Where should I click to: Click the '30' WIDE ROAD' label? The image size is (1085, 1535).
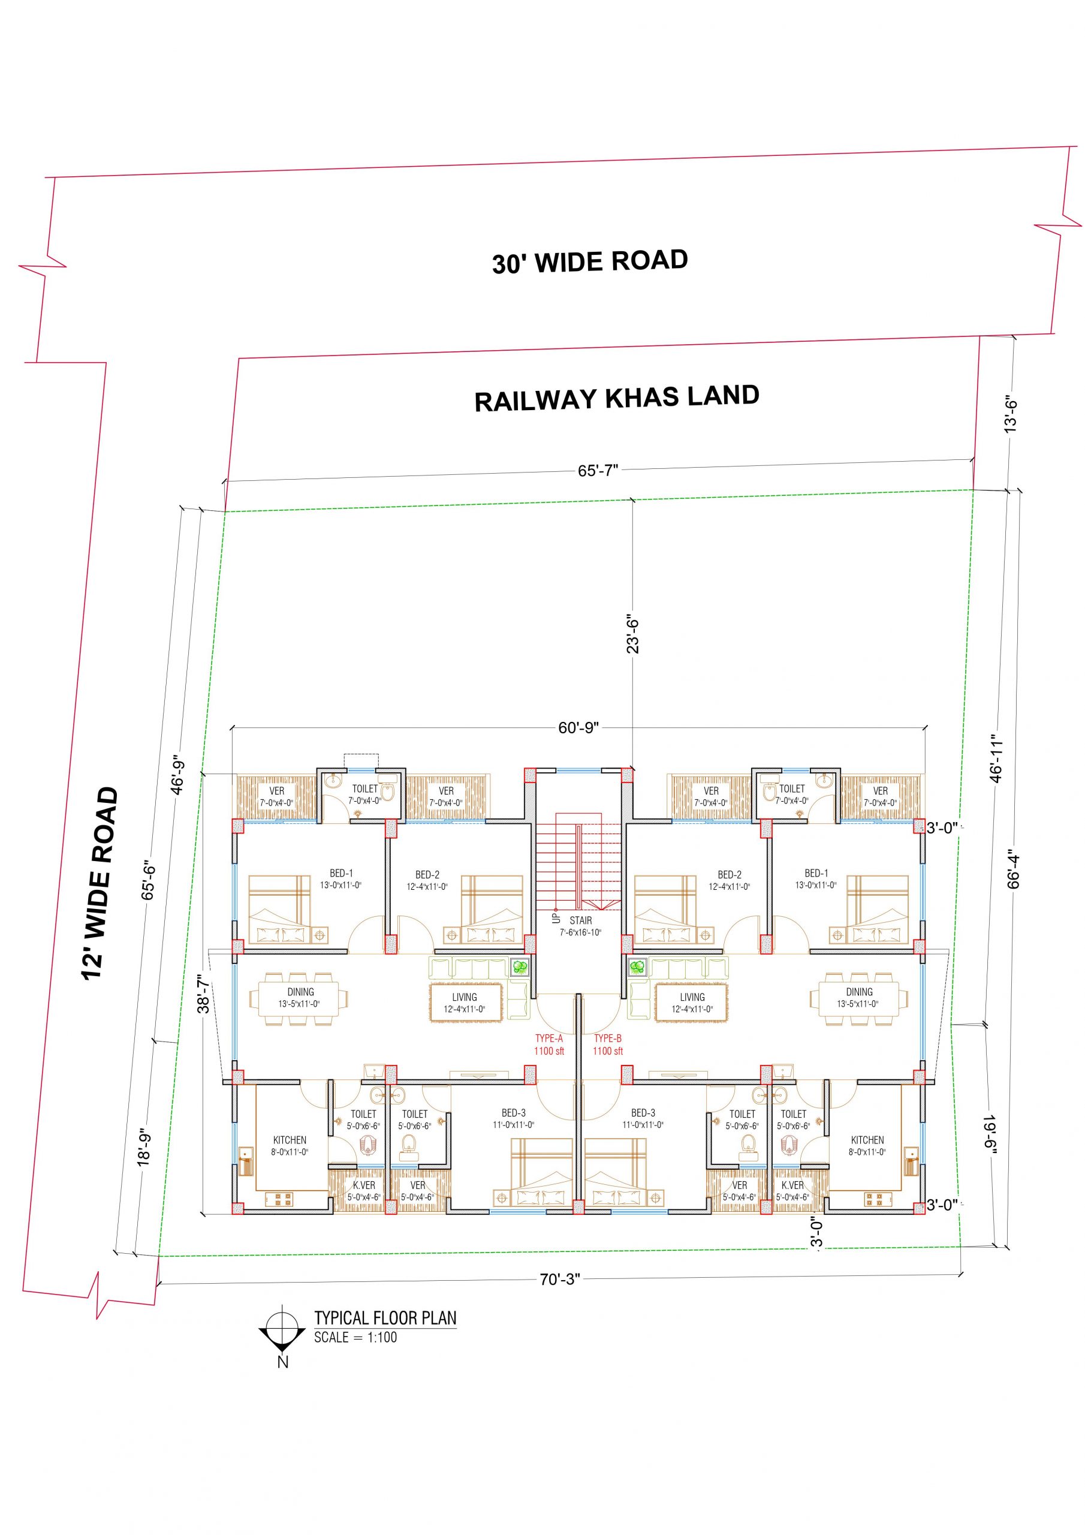(590, 261)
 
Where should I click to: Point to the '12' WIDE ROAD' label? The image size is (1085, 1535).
(100, 883)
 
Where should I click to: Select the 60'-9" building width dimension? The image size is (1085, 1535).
(578, 727)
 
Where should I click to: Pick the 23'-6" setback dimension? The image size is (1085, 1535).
(632, 634)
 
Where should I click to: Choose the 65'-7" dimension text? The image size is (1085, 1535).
(598, 471)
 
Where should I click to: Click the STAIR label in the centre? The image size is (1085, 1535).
(580, 920)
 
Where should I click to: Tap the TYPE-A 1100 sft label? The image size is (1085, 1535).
(549, 1045)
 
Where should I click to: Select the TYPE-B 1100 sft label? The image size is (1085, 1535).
(608, 1045)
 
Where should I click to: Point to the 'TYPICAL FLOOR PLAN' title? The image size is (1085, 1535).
(385, 1318)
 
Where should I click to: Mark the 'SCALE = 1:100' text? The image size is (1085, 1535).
(355, 1337)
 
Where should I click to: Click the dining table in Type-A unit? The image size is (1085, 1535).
(300, 999)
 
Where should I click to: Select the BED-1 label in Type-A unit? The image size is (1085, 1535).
(341, 873)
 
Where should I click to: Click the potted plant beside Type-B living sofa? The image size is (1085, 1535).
(638, 966)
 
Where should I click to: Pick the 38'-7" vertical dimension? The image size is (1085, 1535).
(204, 997)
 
